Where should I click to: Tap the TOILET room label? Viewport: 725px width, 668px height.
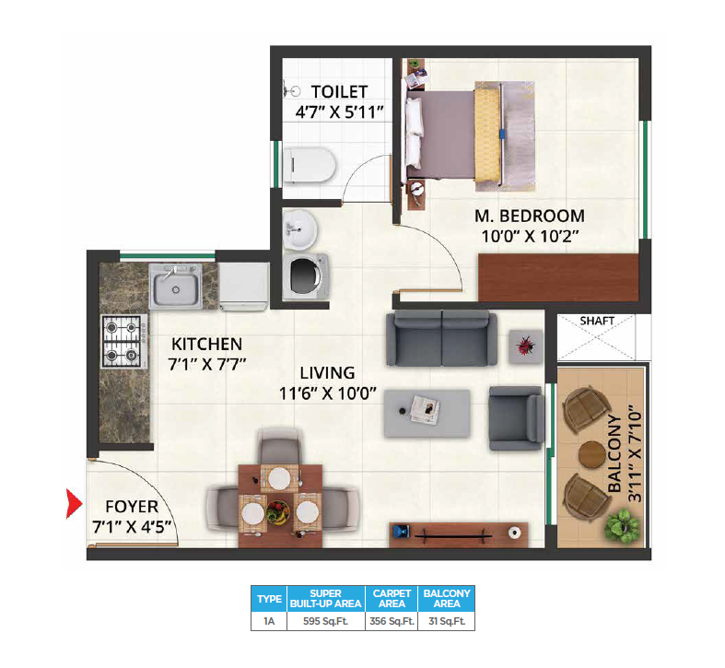pyautogui.click(x=339, y=91)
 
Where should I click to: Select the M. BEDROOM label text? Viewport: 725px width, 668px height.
pyautogui.click(x=529, y=216)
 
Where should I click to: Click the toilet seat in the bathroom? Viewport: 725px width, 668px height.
pyautogui.click(x=310, y=166)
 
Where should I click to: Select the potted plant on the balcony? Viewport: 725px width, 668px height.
pyautogui.click(x=622, y=526)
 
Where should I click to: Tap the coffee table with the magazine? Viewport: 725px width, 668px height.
pyautogui.click(x=427, y=410)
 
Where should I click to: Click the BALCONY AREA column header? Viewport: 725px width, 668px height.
pyautogui.click(x=446, y=598)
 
